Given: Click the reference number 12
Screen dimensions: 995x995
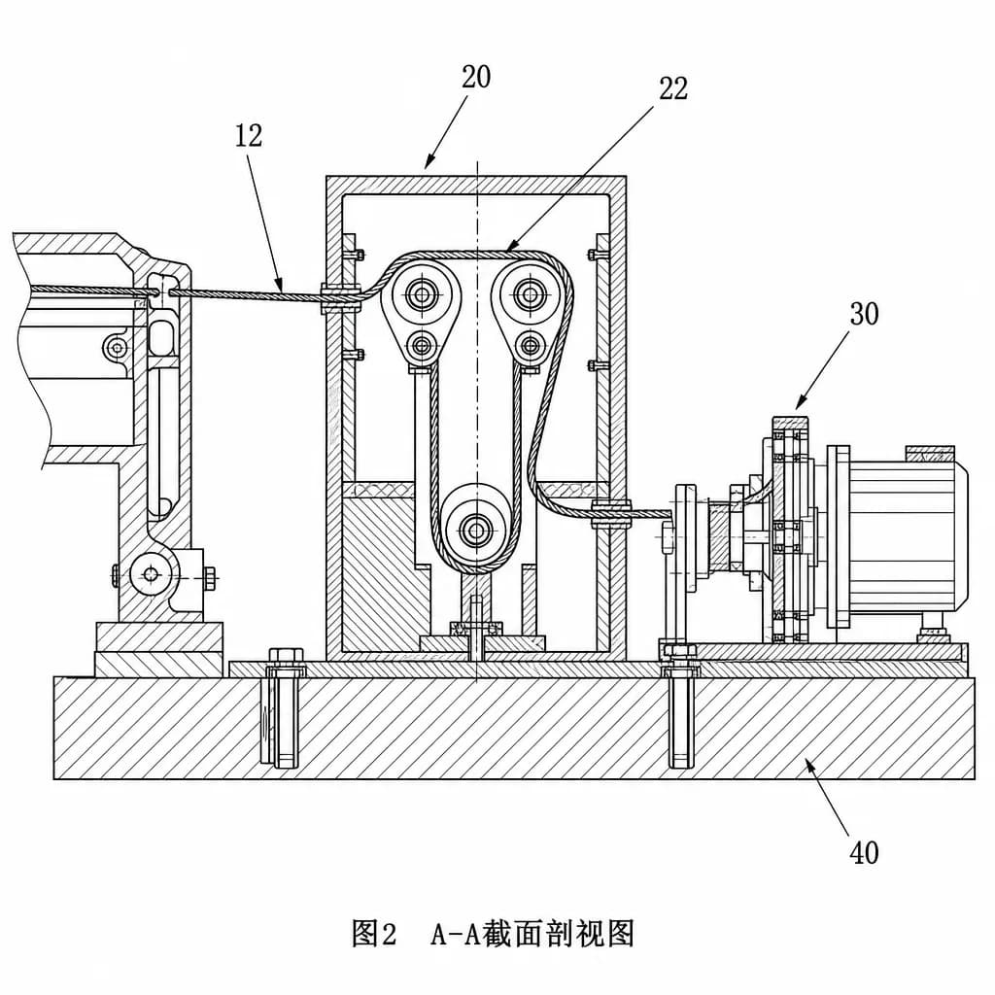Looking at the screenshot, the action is (x=249, y=135).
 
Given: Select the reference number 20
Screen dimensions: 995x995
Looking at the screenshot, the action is (x=476, y=77).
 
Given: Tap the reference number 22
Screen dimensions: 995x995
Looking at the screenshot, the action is (x=673, y=88).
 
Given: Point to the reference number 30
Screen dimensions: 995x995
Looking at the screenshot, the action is (x=864, y=314).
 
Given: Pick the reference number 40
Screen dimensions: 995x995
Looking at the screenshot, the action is (x=864, y=853).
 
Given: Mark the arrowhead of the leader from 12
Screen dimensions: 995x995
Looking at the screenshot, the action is (x=280, y=287).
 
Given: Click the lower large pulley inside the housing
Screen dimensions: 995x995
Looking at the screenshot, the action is (x=475, y=528).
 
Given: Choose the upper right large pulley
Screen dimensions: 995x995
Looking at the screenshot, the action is (x=530, y=293).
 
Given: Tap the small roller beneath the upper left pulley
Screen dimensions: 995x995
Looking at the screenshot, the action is (x=422, y=346).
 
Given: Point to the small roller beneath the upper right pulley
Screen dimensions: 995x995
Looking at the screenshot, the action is (x=530, y=346).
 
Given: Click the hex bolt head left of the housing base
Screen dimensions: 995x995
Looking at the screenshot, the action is (x=287, y=656).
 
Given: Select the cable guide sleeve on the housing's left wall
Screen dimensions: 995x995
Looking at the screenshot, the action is (x=341, y=297).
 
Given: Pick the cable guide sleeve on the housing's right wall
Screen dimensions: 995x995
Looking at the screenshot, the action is (x=612, y=513).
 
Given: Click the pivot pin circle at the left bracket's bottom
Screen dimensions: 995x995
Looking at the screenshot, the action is (x=151, y=574).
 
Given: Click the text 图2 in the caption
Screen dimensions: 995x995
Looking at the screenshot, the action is (x=374, y=934).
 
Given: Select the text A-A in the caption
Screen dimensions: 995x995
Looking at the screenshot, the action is (x=455, y=934).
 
